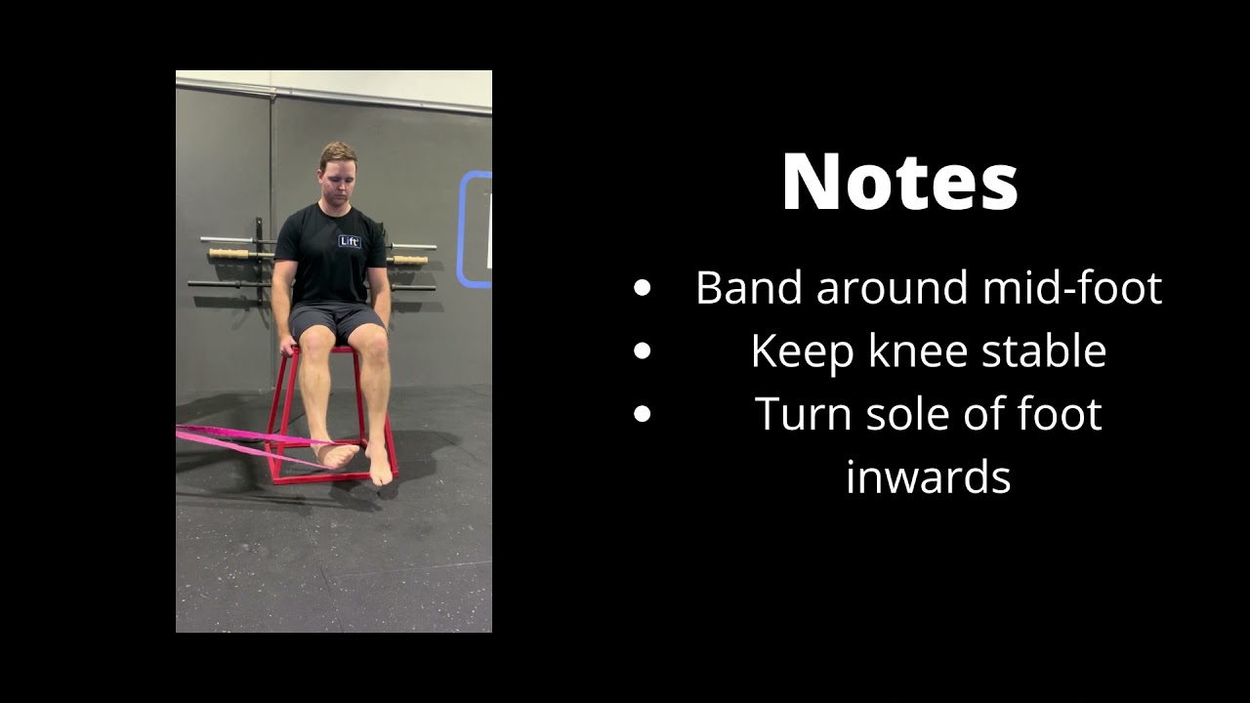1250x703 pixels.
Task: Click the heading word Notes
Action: click(x=899, y=183)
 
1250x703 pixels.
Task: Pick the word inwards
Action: click(x=928, y=477)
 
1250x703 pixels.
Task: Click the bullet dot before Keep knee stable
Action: click(x=642, y=351)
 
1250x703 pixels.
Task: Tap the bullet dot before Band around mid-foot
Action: click(x=642, y=289)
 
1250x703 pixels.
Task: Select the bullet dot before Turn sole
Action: click(x=642, y=415)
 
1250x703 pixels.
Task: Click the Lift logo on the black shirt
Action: click(x=350, y=241)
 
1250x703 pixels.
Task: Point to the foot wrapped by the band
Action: click(x=335, y=454)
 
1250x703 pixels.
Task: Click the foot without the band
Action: click(x=380, y=466)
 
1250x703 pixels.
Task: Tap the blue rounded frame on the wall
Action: click(x=473, y=229)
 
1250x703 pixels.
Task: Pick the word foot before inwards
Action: click(x=1060, y=415)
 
